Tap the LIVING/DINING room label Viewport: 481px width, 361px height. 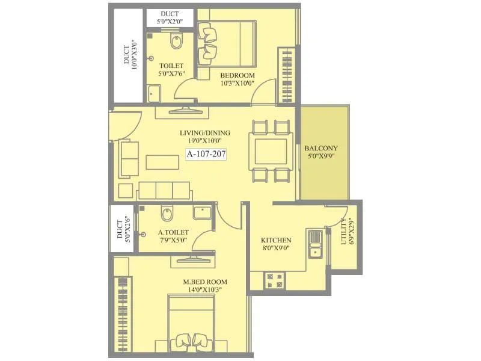[x=205, y=133]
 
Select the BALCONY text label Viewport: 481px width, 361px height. [x=321, y=149]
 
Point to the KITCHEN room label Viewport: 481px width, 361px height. [x=277, y=240]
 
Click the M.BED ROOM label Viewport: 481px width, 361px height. [x=206, y=282]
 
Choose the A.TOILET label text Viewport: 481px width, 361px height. [x=174, y=232]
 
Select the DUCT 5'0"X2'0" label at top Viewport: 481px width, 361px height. [x=170, y=17]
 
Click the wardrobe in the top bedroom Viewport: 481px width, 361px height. [x=286, y=76]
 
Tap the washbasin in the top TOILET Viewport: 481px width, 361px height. [x=154, y=93]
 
